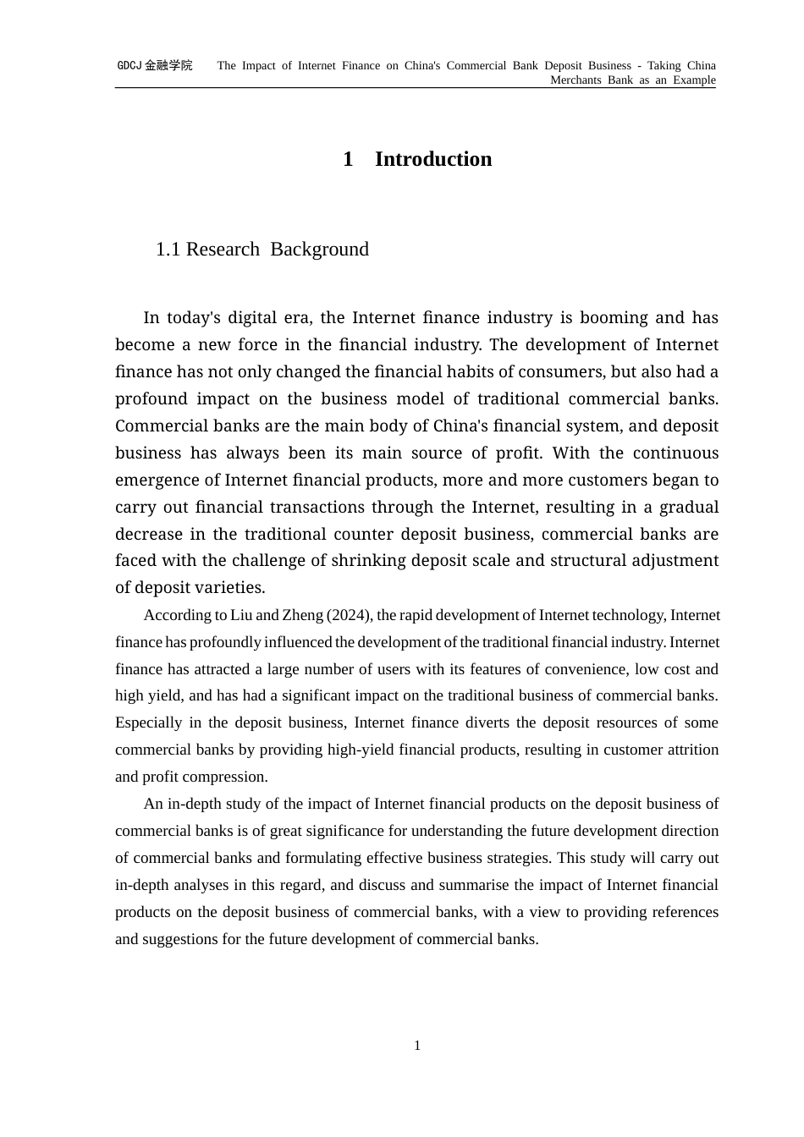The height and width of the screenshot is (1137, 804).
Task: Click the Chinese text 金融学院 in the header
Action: pyautogui.click(x=168, y=66)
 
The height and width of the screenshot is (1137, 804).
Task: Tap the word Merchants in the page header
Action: pyautogui.click(x=575, y=80)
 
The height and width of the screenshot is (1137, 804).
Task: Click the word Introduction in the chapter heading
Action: pyautogui.click(x=432, y=159)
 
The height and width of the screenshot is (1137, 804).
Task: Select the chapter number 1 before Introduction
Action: pyautogui.click(x=348, y=159)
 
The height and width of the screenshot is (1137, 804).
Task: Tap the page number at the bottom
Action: pyautogui.click(x=417, y=1046)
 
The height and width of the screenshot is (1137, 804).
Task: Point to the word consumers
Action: pyautogui.click(x=562, y=372)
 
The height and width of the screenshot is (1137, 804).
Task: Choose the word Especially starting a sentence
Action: pyautogui.click(x=148, y=722)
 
